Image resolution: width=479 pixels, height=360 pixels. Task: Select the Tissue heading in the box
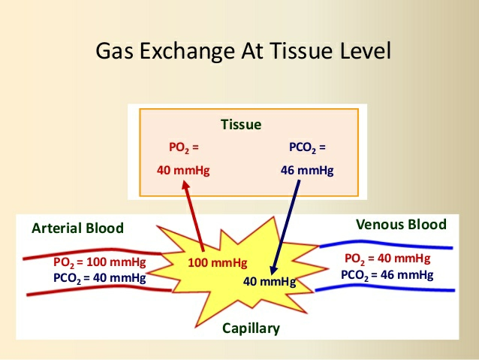coord(240,125)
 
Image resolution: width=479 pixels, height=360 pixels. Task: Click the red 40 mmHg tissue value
coord(183,171)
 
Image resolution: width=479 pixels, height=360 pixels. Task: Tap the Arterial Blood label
coord(77,228)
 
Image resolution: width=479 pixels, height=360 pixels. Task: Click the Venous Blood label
coord(400,225)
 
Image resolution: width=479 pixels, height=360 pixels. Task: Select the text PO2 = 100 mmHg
coord(100,262)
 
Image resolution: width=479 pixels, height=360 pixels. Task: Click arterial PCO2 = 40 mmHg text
coord(100,277)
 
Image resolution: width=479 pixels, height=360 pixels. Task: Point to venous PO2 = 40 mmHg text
coord(389,259)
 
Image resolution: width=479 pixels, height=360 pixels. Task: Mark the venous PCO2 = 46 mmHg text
coord(387,274)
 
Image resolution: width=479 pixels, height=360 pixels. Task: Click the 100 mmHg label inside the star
coord(216,262)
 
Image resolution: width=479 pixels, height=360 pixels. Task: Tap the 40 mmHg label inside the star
coord(270,282)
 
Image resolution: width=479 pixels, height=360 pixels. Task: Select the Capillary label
coord(251,328)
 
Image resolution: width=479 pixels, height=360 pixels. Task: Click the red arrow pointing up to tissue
coord(193,218)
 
